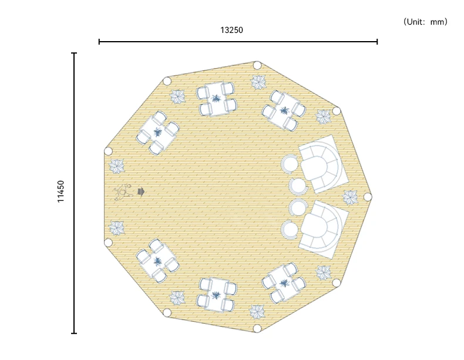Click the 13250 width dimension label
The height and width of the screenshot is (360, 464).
click(x=231, y=30)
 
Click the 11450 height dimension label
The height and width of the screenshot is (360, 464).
click(x=60, y=191)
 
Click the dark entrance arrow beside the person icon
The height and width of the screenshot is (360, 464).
click(x=141, y=192)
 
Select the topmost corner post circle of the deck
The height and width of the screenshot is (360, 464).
click(x=257, y=65)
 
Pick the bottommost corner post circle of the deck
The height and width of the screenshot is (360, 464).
click(x=257, y=328)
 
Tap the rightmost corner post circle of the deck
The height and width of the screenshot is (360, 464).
click(x=367, y=197)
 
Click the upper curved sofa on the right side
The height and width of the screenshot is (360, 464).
click(x=322, y=164)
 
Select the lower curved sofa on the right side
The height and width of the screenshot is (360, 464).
click(x=322, y=229)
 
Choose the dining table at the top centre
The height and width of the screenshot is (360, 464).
click(x=217, y=99)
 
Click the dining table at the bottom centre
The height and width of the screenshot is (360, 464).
click(x=217, y=294)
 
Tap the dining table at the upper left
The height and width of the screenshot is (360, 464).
click(x=158, y=133)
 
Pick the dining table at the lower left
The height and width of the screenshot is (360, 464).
click(x=158, y=261)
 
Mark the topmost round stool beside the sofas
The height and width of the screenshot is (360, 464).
click(x=290, y=163)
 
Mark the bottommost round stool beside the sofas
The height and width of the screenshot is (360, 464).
click(x=290, y=230)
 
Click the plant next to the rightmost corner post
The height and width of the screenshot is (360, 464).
click(x=350, y=197)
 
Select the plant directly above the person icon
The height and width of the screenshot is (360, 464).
click(x=117, y=166)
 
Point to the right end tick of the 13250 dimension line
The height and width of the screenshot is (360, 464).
click(x=377, y=42)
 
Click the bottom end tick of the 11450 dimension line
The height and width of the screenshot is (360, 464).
click(x=74, y=333)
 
